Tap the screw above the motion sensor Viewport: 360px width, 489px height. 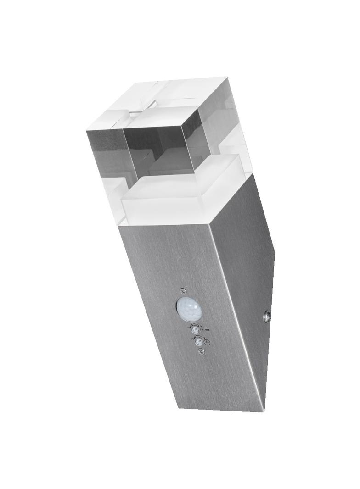[x=184, y=290]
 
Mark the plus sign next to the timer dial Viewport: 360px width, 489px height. [x=204, y=337]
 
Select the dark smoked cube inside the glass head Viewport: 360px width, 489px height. [x=158, y=142]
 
